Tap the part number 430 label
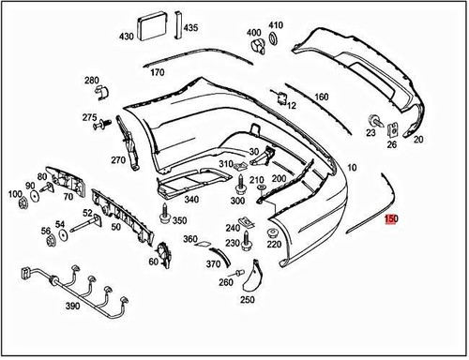[x=127, y=37]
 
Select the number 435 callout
[x=191, y=28]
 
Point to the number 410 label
[x=276, y=24]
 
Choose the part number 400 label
[x=254, y=33]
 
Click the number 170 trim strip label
[x=158, y=72]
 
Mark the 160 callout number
[x=321, y=97]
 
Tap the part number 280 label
[x=91, y=81]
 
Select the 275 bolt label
[x=89, y=117]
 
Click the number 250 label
[x=247, y=299]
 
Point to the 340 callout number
[x=191, y=199]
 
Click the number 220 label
[x=274, y=244]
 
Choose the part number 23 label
[x=371, y=133]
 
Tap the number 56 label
[x=45, y=231]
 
